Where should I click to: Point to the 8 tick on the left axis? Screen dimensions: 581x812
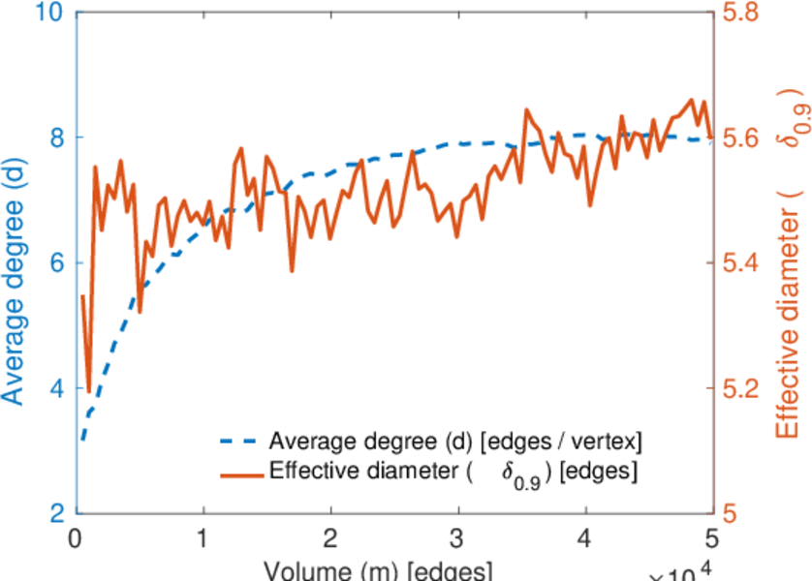57,138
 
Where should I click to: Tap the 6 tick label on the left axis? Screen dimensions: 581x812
57,263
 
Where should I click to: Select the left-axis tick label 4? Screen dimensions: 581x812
57,388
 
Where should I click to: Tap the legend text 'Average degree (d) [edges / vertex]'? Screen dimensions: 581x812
455,443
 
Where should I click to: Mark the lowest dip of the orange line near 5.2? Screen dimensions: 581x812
89,392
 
